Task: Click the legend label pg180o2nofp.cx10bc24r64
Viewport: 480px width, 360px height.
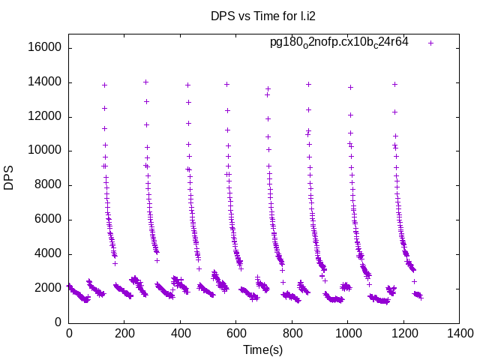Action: pyautogui.click(x=339, y=43)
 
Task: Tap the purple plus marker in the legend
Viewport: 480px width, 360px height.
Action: pyautogui.click(x=430, y=43)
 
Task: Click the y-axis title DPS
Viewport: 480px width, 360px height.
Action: pyautogui.click(x=9, y=178)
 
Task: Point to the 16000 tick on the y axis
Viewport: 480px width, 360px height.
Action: pyautogui.click(x=46, y=48)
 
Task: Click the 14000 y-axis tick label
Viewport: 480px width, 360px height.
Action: pyautogui.click(x=46, y=82)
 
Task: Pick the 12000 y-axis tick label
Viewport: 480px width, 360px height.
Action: pyautogui.click(x=46, y=117)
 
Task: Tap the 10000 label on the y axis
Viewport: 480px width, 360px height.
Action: pyautogui.click(x=46, y=151)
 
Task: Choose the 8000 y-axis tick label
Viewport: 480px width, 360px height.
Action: pyautogui.click(x=49, y=185)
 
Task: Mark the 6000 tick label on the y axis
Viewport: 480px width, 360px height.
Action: pyautogui.click(x=49, y=220)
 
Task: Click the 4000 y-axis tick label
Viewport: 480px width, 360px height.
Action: pyautogui.click(x=49, y=253)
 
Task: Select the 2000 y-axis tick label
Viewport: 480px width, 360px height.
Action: pyautogui.click(x=49, y=288)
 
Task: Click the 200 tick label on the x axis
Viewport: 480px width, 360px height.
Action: pyautogui.click(x=124, y=334)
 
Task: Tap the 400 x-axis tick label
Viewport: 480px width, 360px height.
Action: pyautogui.click(x=181, y=334)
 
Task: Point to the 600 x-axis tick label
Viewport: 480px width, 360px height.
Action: pyautogui.click(x=236, y=334)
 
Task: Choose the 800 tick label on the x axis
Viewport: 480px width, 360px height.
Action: pyautogui.click(x=292, y=334)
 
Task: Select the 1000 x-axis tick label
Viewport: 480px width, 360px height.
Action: pyautogui.click(x=348, y=334)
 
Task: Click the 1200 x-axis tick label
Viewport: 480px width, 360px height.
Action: pyautogui.click(x=404, y=334)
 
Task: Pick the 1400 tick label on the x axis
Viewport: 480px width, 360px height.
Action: pyautogui.click(x=460, y=334)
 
